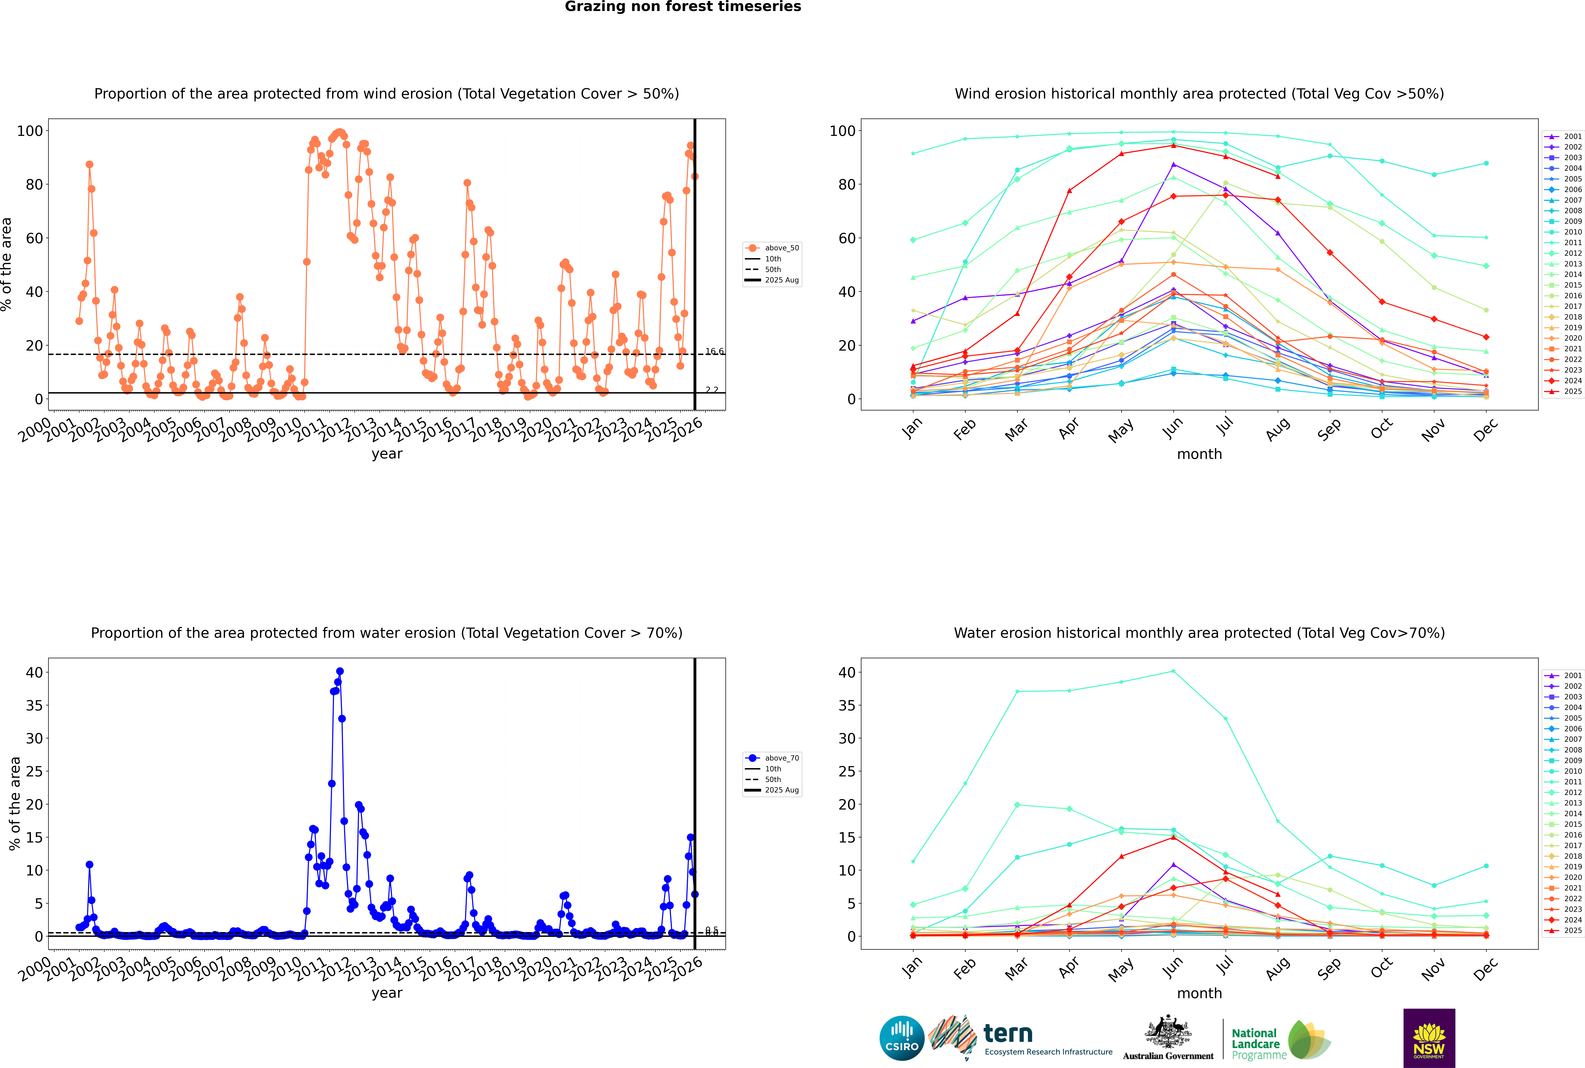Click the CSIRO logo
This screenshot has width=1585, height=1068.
[x=901, y=1039]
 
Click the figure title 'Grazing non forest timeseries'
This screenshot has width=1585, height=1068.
[x=683, y=7]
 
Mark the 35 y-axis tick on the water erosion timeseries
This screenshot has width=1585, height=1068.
[x=34, y=706]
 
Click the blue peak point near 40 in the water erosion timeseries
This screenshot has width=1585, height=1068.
[x=340, y=672]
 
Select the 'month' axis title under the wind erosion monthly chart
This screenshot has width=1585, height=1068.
[x=1199, y=454]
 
